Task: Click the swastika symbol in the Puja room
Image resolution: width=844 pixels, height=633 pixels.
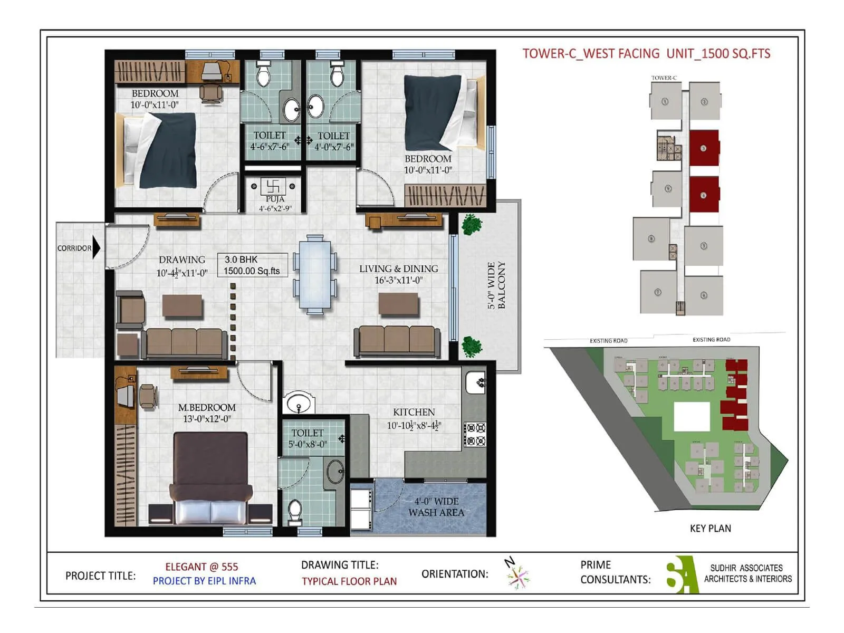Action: tap(273, 186)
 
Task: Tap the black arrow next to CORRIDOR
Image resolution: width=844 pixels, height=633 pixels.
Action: tap(96, 248)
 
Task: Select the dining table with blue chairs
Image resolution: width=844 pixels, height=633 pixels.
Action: tap(315, 275)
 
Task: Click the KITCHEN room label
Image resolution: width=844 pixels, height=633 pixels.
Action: tap(414, 412)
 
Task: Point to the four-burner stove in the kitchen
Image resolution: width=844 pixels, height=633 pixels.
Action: tap(475, 434)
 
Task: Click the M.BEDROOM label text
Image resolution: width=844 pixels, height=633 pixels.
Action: tap(207, 408)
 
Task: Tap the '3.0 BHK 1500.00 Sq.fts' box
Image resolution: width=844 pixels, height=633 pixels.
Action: tap(252, 265)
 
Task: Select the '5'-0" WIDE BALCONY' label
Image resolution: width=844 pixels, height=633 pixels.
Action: tap(496, 285)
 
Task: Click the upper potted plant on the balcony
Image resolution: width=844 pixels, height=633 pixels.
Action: tap(471, 224)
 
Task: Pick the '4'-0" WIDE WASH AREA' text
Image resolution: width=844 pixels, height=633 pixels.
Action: tap(436, 507)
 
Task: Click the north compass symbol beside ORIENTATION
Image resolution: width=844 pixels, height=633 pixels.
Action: tap(517, 575)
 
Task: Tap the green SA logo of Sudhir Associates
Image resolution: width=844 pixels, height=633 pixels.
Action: tap(682, 575)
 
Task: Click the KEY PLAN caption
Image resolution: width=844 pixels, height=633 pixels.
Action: tap(710, 529)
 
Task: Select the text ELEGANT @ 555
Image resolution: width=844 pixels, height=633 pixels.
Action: tap(202, 567)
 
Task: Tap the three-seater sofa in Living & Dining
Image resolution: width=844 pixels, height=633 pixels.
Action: tap(397, 340)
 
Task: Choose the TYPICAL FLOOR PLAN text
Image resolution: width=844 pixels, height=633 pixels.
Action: tap(349, 581)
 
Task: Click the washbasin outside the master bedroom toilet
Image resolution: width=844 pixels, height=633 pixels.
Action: tap(299, 404)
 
